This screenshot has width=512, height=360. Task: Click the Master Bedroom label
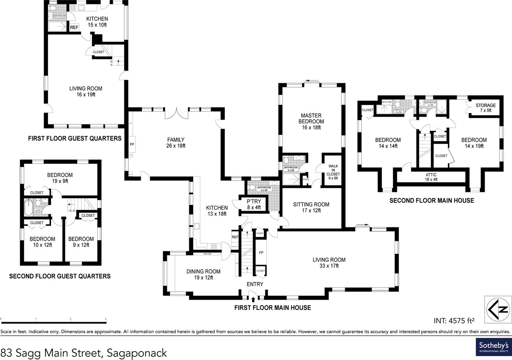click(311, 121)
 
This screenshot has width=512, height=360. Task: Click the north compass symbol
click(498, 309)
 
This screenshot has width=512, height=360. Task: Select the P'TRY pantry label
click(254, 204)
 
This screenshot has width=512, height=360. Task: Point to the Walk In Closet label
click(333, 172)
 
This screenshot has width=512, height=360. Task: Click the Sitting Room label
click(311, 207)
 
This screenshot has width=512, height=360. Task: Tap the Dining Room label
click(203, 274)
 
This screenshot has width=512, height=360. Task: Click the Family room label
click(176, 143)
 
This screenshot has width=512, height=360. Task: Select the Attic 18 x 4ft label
click(431, 177)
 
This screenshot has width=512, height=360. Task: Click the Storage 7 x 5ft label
click(486, 108)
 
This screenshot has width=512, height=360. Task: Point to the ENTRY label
click(255, 284)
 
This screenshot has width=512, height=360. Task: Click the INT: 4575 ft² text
click(454, 320)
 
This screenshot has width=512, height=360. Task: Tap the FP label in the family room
click(132, 145)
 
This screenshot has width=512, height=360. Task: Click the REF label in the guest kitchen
click(74, 27)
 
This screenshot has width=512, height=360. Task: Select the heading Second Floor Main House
click(431, 201)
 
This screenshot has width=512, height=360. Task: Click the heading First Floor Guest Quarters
click(75, 138)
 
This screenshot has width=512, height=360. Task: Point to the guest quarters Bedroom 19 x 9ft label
click(60, 178)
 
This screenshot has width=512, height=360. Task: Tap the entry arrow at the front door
click(253, 299)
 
